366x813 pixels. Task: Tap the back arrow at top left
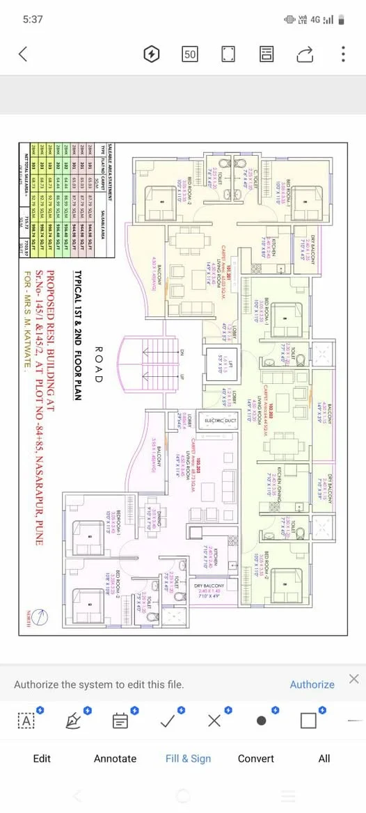pyautogui.click(x=24, y=54)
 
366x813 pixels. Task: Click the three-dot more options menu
pyautogui.click(x=343, y=54)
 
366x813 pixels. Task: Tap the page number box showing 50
pyautogui.click(x=189, y=54)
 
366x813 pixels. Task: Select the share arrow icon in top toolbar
pyautogui.click(x=305, y=54)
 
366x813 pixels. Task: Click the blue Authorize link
pyautogui.click(x=312, y=684)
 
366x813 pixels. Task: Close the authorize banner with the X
pyautogui.click(x=353, y=679)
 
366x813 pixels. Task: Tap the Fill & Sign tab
pyautogui.click(x=188, y=758)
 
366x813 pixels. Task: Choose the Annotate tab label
pyautogui.click(x=115, y=758)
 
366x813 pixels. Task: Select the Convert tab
pyautogui.click(x=255, y=758)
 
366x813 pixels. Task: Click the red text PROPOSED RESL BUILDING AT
pyautogui.click(x=69, y=403)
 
